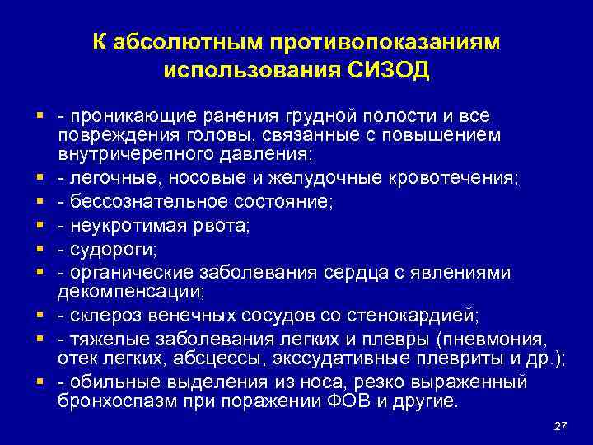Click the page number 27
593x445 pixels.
coord(562,425)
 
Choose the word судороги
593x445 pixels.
coord(107,249)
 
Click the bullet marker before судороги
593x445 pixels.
coord(40,249)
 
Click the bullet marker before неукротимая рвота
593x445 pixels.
coord(40,225)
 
